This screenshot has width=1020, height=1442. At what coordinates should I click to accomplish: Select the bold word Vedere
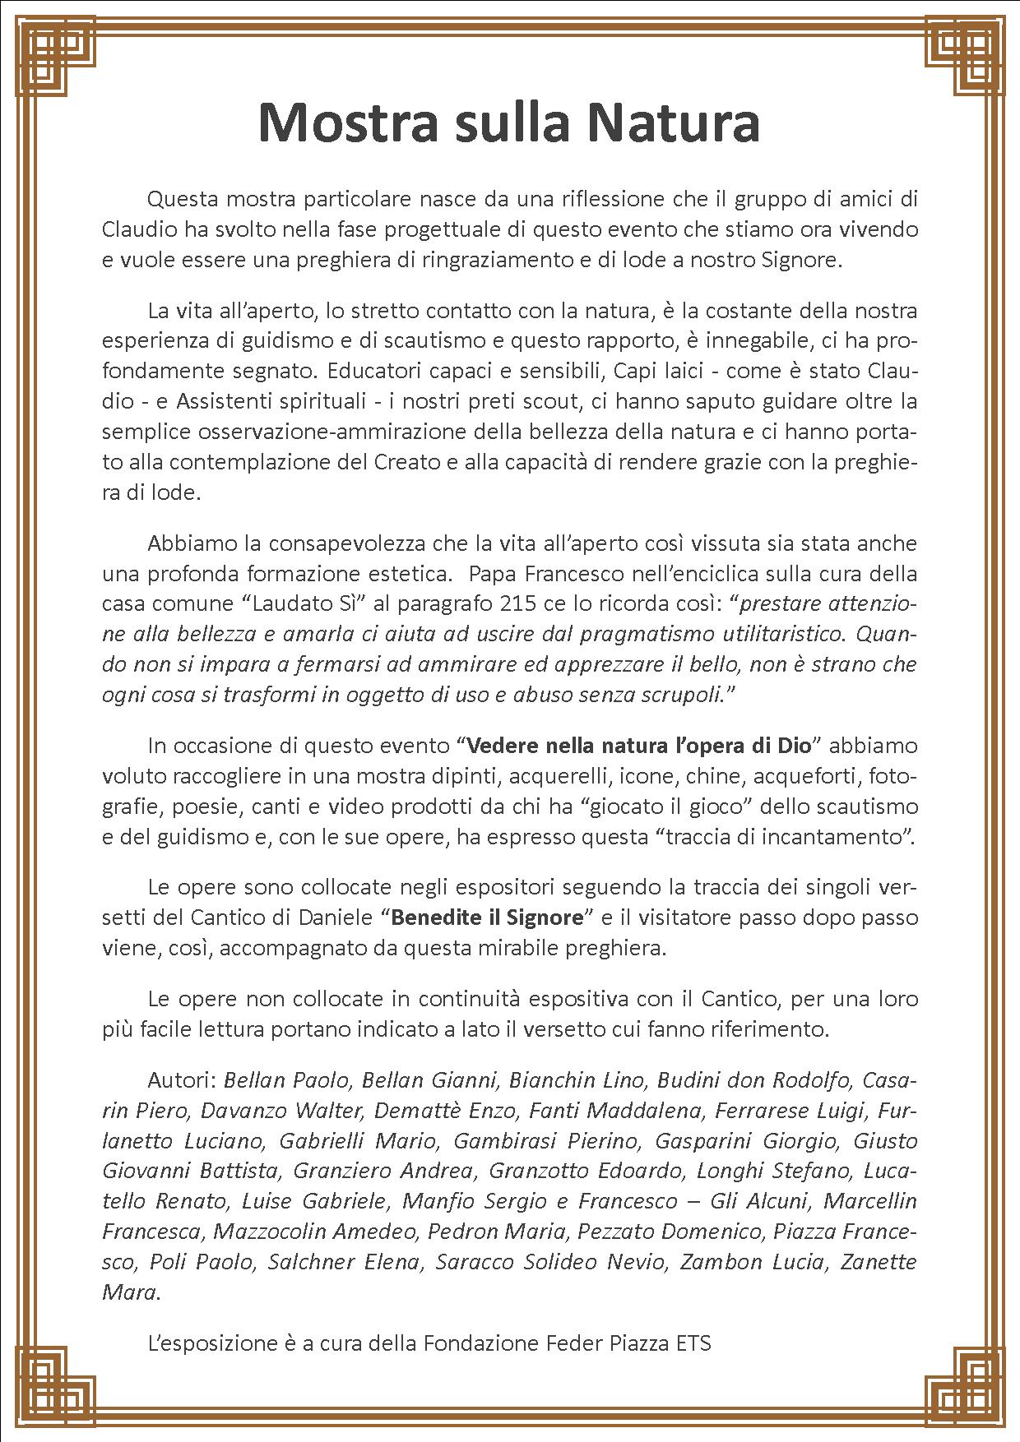pos(504,746)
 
